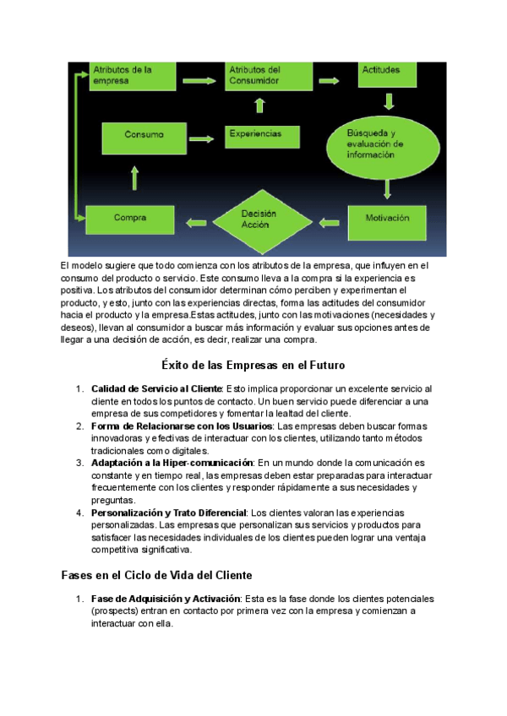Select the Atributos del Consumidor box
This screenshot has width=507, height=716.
[262, 76]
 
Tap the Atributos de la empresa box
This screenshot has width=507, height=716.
[134, 76]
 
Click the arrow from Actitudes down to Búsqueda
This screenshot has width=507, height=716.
[389, 102]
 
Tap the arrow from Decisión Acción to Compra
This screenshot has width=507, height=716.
[196, 221]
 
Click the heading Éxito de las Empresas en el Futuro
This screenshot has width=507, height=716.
[253, 366]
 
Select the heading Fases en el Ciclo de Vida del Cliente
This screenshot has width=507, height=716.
[156, 575]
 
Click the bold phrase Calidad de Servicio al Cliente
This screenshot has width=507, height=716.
[156, 388]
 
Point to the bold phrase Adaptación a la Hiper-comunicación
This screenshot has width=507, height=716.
[172, 463]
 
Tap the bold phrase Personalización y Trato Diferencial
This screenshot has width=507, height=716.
[169, 513]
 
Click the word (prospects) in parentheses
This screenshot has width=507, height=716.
[118, 610]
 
